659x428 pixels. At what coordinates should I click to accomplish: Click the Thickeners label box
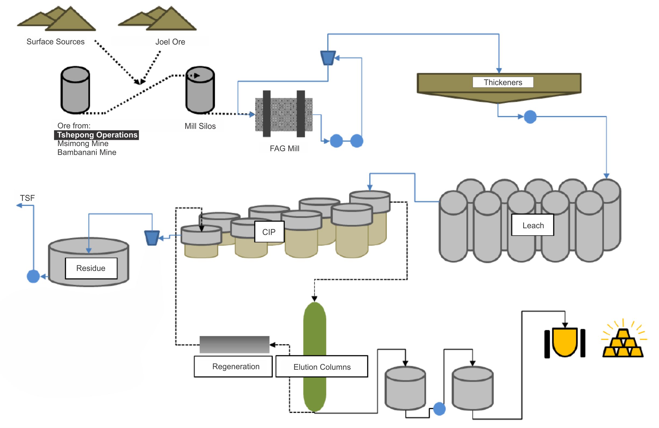tap(503, 82)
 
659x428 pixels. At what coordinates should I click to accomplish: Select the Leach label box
tap(532, 225)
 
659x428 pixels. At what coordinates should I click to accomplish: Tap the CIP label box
tap(269, 232)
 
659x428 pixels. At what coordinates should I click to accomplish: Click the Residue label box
tap(91, 268)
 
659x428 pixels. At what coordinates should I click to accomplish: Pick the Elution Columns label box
tap(322, 367)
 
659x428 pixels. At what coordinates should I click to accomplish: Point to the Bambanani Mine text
tap(87, 152)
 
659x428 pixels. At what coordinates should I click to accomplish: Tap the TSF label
tap(27, 198)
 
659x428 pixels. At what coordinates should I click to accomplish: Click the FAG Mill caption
tap(284, 148)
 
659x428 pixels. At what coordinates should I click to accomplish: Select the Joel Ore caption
tap(170, 42)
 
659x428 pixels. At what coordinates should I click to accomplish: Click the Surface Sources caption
tap(55, 41)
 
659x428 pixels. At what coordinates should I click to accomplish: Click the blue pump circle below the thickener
tap(530, 117)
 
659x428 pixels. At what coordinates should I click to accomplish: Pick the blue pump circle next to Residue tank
tap(33, 276)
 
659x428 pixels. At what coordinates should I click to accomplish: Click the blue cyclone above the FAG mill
tap(328, 57)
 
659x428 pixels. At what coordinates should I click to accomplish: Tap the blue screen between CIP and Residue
tap(152, 238)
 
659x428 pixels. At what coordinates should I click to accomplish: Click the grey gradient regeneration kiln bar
tap(234, 344)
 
